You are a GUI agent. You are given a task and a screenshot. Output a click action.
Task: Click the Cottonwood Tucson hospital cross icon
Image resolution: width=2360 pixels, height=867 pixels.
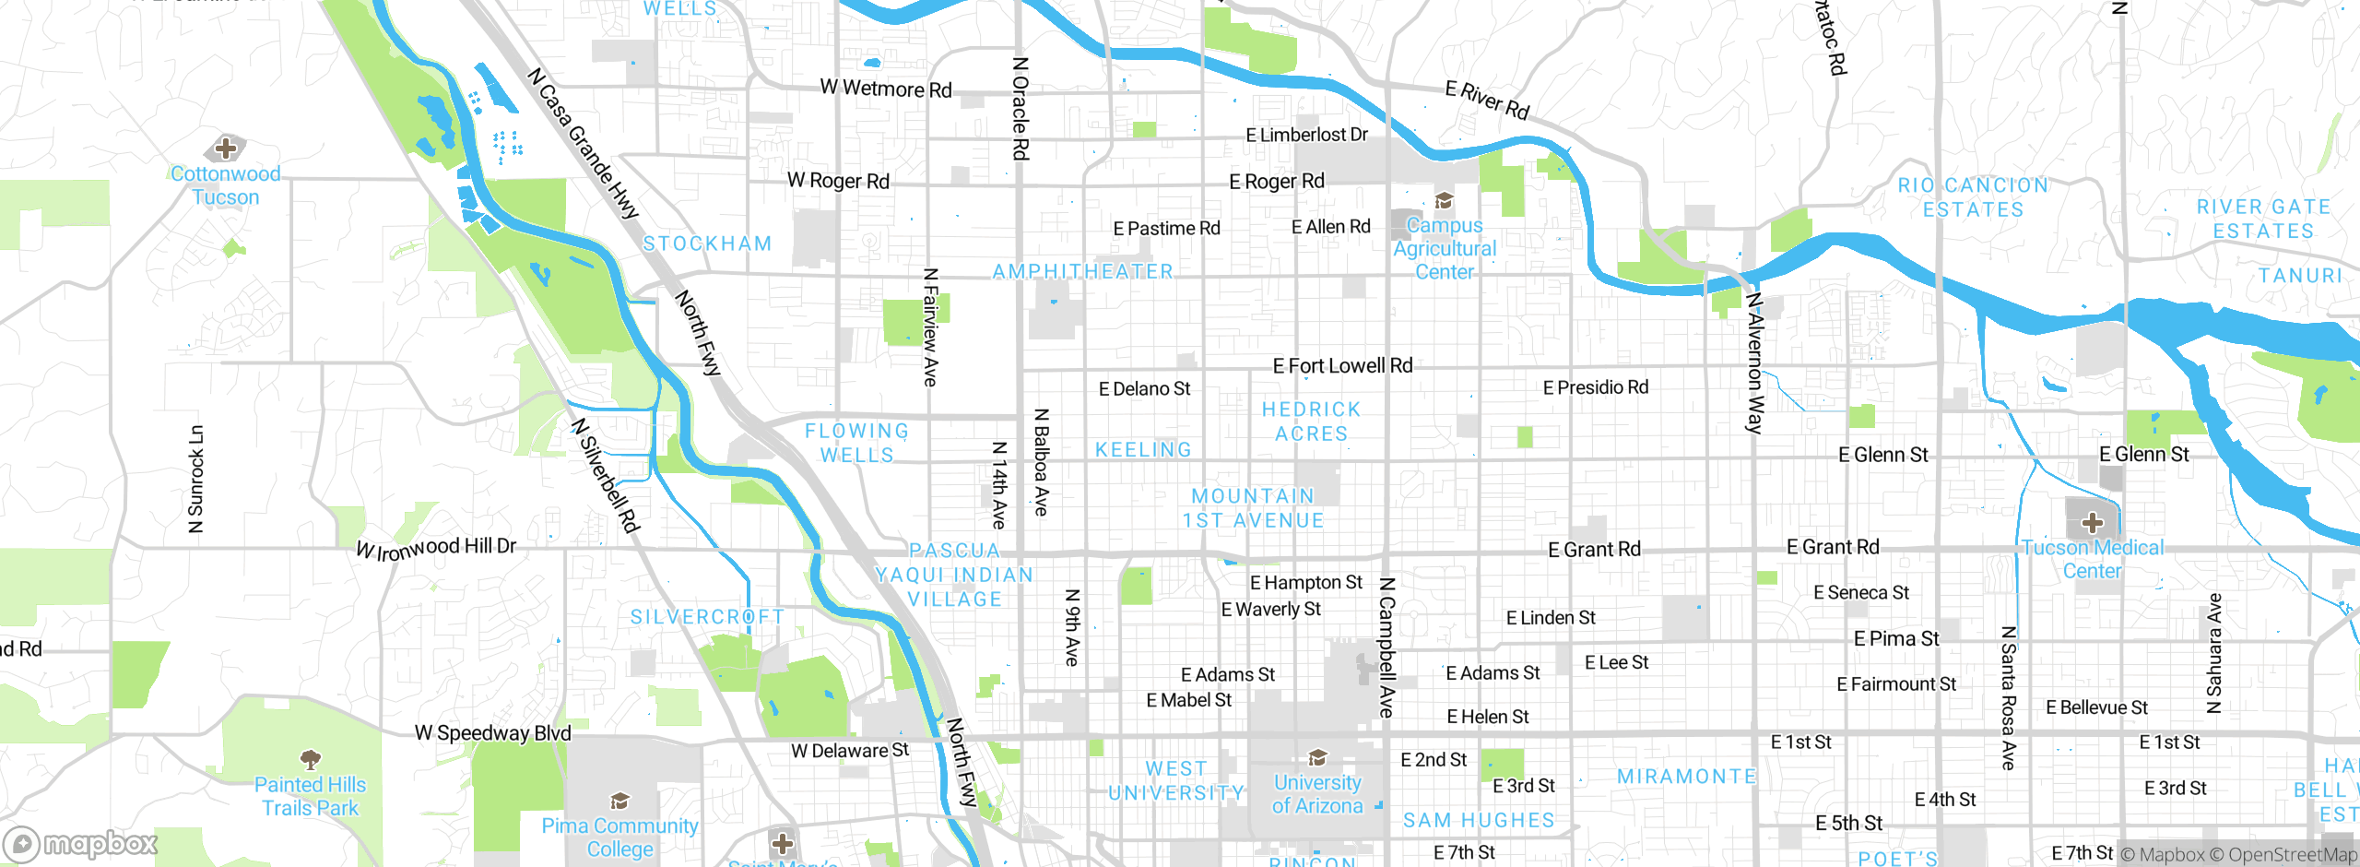(226, 148)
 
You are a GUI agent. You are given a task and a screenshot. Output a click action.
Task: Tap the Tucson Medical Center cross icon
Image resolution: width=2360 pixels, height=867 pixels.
(2092, 523)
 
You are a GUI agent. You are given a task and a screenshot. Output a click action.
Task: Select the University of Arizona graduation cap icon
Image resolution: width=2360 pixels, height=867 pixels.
(1318, 757)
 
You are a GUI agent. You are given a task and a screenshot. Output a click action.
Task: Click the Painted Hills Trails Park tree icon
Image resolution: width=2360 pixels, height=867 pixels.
(310, 759)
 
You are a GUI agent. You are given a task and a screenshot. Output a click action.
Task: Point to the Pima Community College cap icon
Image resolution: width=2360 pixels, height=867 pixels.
(619, 801)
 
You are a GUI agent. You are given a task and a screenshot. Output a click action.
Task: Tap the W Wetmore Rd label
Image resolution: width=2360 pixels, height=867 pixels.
(886, 89)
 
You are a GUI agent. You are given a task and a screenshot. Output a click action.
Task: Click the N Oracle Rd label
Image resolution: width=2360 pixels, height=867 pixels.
(1020, 109)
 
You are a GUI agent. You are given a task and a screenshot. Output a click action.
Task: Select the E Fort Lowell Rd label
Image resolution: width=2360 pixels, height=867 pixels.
(1342, 366)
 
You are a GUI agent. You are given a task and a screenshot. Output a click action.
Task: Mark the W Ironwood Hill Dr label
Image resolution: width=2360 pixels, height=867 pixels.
(436, 548)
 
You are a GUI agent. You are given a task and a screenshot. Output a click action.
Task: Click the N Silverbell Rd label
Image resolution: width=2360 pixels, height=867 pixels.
(605, 475)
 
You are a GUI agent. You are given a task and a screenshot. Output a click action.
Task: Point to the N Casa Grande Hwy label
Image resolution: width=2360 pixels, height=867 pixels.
(584, 143)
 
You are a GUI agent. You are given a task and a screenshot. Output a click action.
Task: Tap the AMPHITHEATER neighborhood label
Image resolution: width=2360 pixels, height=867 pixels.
(1083, 271)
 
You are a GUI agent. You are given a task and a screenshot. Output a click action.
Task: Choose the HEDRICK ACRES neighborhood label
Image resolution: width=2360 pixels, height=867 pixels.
(1311, 421)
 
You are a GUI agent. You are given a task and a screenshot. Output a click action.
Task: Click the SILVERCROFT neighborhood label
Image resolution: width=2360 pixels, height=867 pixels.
(707, 616)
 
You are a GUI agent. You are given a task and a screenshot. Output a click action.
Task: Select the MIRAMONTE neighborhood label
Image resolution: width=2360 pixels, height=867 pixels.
(1687, 777)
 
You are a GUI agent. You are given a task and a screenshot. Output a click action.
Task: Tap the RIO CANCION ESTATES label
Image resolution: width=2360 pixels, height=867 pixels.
(1973, 197)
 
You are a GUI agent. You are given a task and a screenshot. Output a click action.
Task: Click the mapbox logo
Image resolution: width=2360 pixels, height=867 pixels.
(81, 843)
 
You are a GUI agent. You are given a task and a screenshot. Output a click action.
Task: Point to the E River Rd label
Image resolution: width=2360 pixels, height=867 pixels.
(1487, 100)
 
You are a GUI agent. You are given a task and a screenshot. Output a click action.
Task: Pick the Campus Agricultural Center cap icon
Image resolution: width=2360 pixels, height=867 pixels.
(1444, 201)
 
